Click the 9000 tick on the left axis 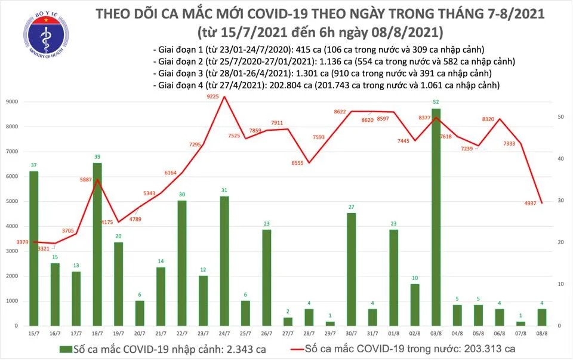pos(12,102)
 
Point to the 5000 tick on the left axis pos(12,202)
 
